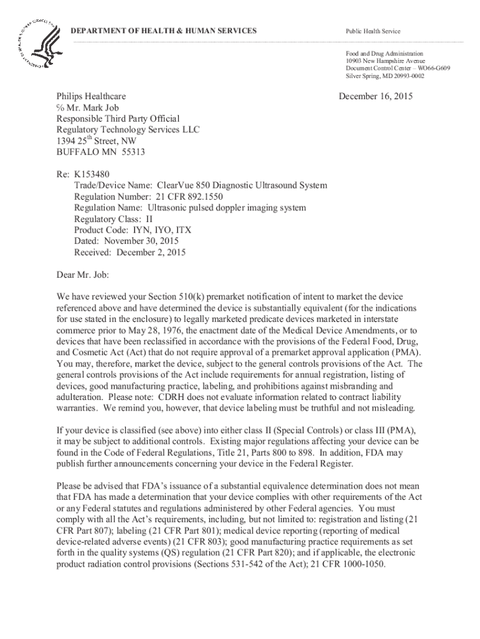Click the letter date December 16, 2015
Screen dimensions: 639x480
click(375, 97)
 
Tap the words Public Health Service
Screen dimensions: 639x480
click(373, 31)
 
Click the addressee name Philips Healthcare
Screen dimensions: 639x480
click(91, 97)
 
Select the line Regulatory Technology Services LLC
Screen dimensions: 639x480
click(128, 129)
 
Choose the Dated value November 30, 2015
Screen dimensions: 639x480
click(138, 241)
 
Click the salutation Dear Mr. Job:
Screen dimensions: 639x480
click(83, 273)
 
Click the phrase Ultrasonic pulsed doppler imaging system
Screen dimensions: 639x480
click(226, 208)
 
